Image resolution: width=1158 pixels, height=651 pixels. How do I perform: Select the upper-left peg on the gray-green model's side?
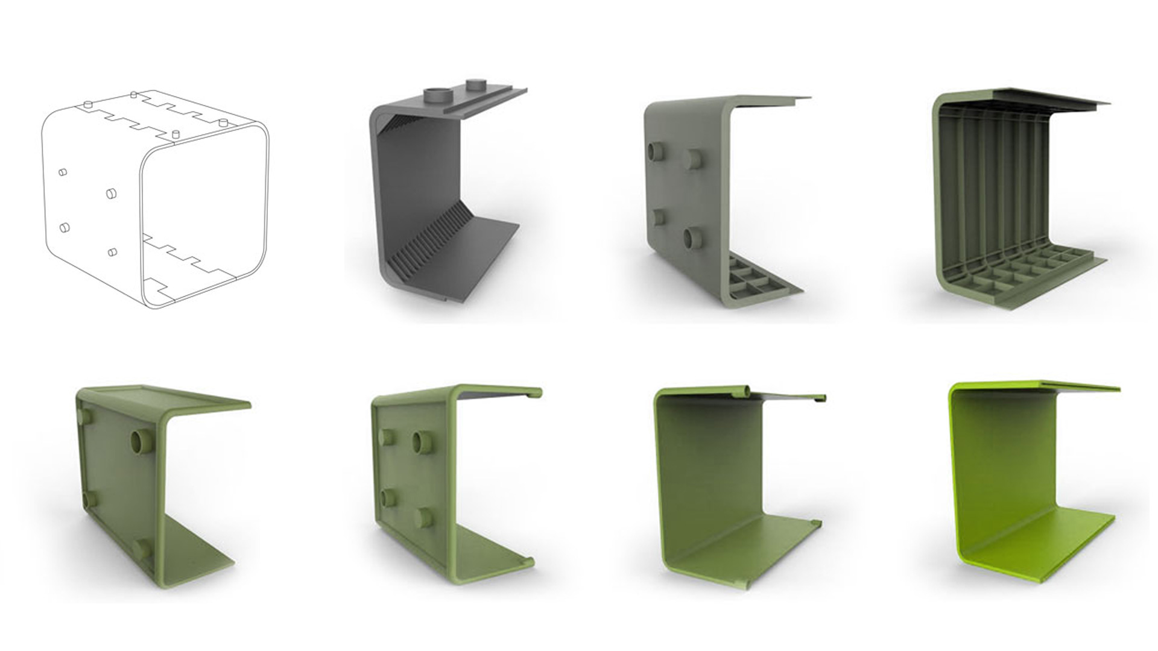(654, 151)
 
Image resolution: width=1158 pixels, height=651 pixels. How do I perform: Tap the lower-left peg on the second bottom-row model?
(390, 497)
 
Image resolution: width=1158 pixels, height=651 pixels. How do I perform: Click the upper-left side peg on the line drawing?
(62, 173)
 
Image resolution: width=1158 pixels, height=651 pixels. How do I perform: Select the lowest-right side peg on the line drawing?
(112, 252)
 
